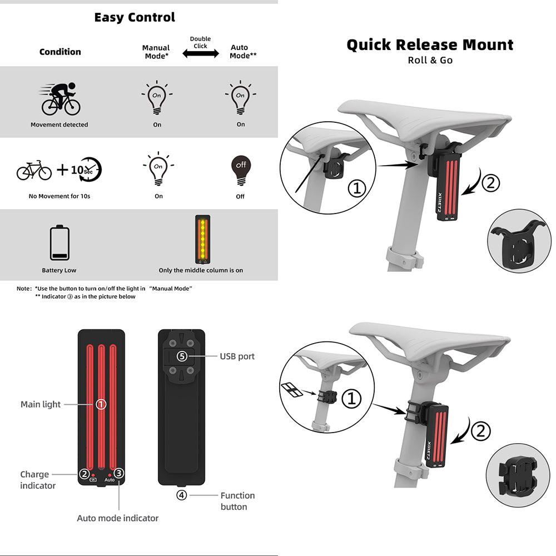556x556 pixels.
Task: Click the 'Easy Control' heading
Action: point(135,18)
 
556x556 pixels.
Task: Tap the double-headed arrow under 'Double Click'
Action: point(200,54)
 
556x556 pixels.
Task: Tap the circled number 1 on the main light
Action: point(101,404)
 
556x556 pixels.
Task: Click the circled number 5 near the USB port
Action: point(182,356)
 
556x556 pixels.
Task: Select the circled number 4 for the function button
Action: point(181,495)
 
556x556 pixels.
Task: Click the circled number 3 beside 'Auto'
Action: point(119,474)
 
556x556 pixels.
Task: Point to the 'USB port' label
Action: point(237,356)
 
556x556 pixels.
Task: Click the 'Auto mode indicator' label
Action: point(117,518)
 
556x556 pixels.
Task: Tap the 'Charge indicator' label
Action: point(38,480)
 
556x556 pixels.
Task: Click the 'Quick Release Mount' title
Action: point(430,45)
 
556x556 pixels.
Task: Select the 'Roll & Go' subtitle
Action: point(430,60)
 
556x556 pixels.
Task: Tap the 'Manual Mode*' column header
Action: point(156,52)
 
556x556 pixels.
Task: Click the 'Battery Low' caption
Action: point(59,270)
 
